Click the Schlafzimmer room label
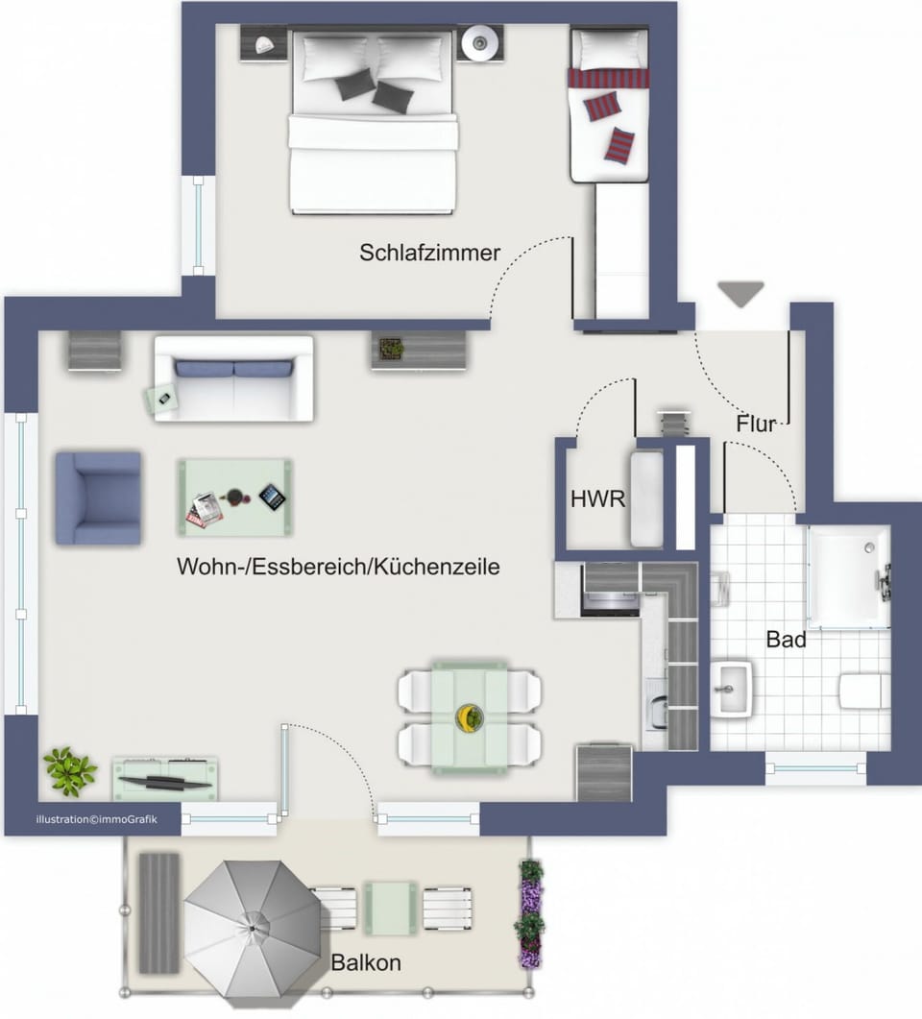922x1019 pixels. point(429,253)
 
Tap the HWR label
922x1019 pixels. point(597,499)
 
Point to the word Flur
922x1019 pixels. point(755,424)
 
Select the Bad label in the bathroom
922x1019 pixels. point(786,640)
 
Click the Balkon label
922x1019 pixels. point(366,962)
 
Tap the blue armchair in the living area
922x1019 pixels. point(98,498)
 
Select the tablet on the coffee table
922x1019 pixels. point(272,497)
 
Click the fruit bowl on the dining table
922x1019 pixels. point(469,718)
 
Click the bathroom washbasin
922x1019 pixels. point(731,689)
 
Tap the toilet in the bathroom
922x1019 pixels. point(864,691)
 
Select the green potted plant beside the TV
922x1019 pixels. point(69,771)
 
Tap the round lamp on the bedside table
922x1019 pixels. point(479,43)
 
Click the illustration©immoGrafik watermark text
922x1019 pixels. point(97,819)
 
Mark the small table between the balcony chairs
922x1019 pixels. point(390,908)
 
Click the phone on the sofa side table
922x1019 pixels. point(164,399)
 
